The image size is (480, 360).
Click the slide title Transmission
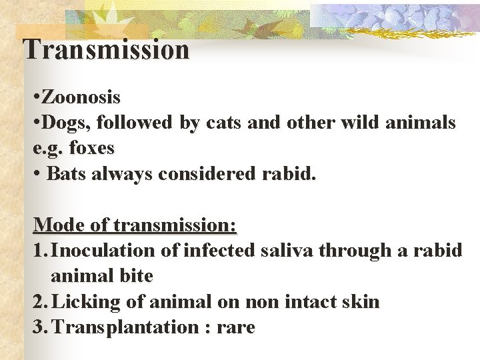coord(106,49)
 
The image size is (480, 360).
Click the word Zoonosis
coord(81,97)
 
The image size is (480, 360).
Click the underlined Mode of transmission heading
coord(135,225)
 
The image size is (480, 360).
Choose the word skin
coord(359,302)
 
